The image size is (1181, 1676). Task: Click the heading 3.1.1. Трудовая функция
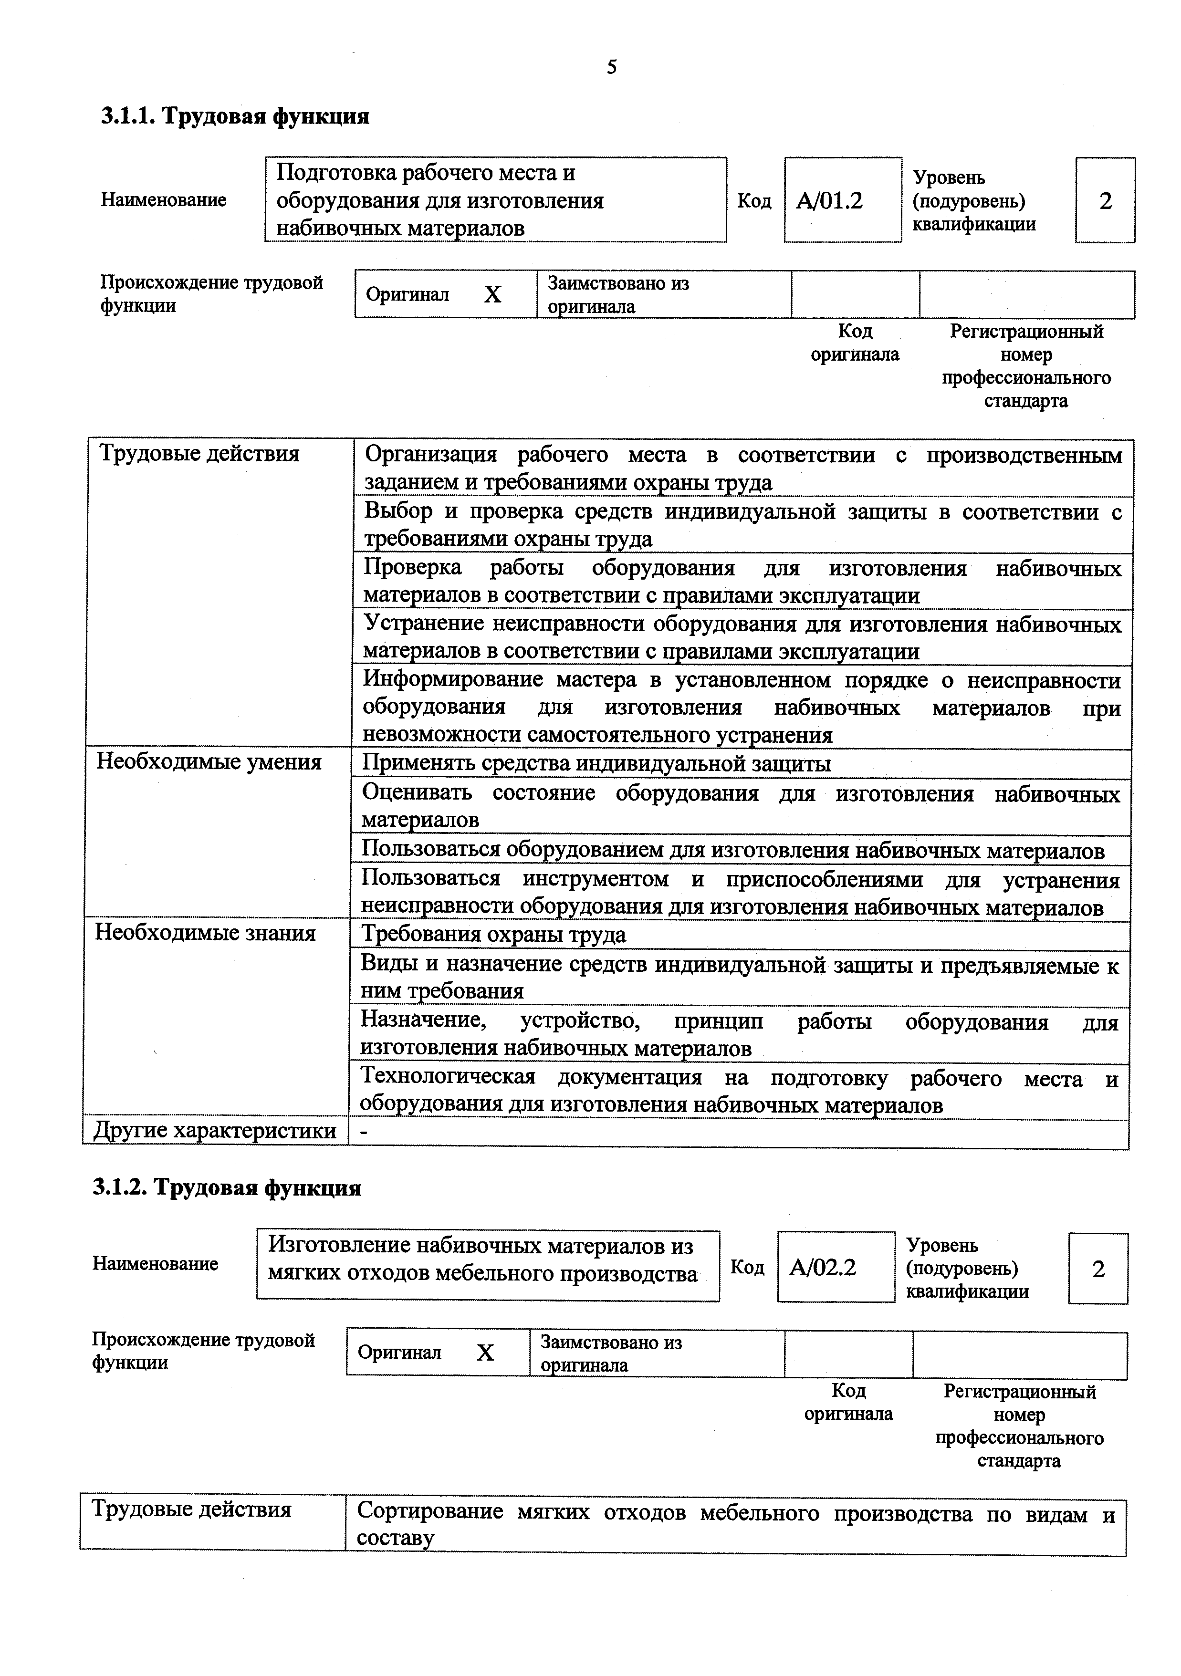235,116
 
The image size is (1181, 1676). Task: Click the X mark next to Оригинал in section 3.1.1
493,294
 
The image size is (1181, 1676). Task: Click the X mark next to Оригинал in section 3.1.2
485,1353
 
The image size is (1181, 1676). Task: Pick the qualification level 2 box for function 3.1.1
1104,200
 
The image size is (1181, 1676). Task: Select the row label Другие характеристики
215,1131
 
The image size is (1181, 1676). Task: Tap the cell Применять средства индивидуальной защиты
596,763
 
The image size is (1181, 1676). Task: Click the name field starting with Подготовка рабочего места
495,199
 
